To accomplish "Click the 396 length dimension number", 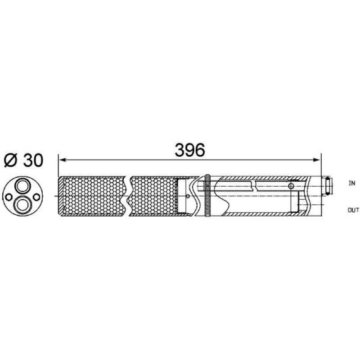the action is (189, 150).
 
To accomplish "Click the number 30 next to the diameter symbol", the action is (33, 160).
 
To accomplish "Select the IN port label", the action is (351, 183).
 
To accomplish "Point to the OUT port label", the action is (353, 210).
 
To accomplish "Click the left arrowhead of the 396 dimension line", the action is (62, 160).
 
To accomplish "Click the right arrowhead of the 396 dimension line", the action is (318, 160).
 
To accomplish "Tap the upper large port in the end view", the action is (22, 185).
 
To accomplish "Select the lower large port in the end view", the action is (22, 204).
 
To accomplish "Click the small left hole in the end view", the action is (9, 197).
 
